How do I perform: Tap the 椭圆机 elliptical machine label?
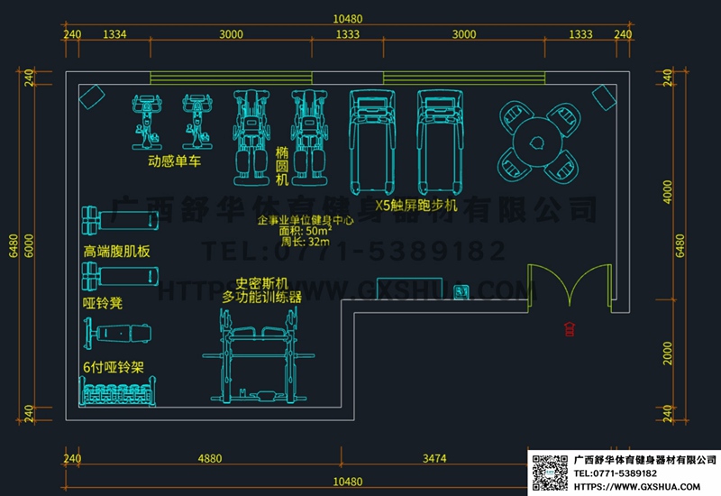(x=282, y=166)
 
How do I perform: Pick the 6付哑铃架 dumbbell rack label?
(x=114, y=368)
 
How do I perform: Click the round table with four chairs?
(x=538, y=142)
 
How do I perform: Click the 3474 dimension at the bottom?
(x=434, y=459)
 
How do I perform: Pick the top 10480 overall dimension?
(x=347, y=19)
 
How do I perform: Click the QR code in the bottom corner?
(x=550, y=472)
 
